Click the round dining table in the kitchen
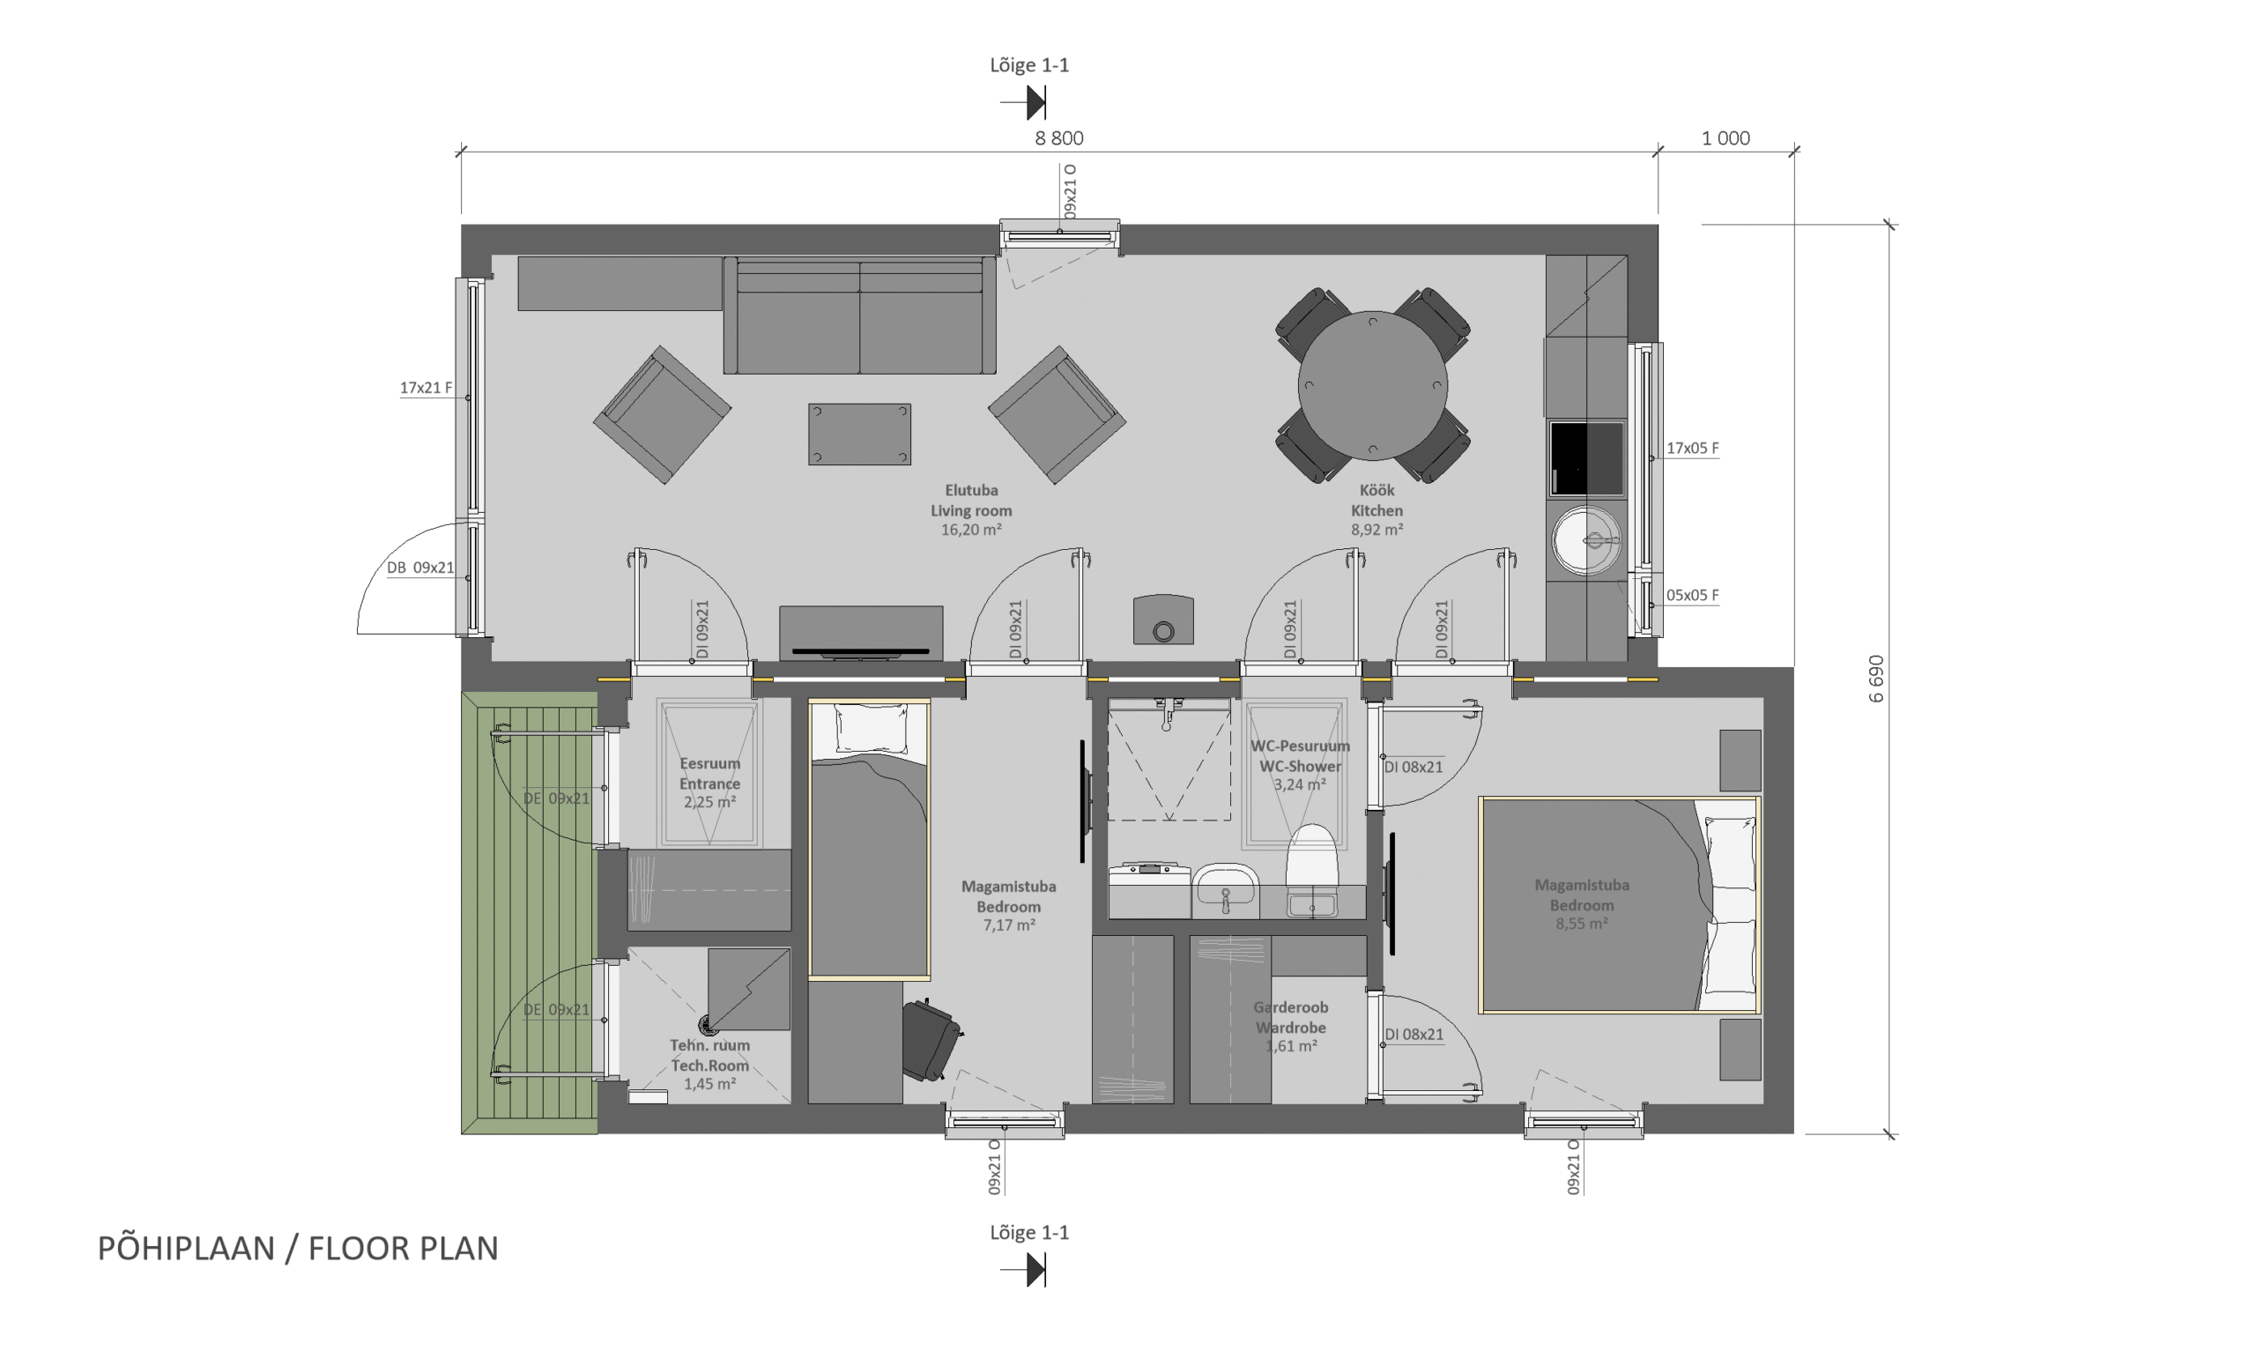[1371, 385]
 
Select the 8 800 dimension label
[1059, 138]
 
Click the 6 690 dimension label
[1876, 679]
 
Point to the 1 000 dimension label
[1725, 138]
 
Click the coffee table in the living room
[859, 434]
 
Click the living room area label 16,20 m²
[971, 531]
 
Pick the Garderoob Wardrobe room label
[1291, 1017]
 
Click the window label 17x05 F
[1692, 449]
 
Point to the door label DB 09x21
[420, 568]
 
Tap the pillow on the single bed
[871, 730]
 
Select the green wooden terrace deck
[530, 913]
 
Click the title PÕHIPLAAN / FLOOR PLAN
[299, 1249]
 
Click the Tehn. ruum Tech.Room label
[709, 1055]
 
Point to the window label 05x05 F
[1692, 595]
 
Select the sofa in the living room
[859, 315]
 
